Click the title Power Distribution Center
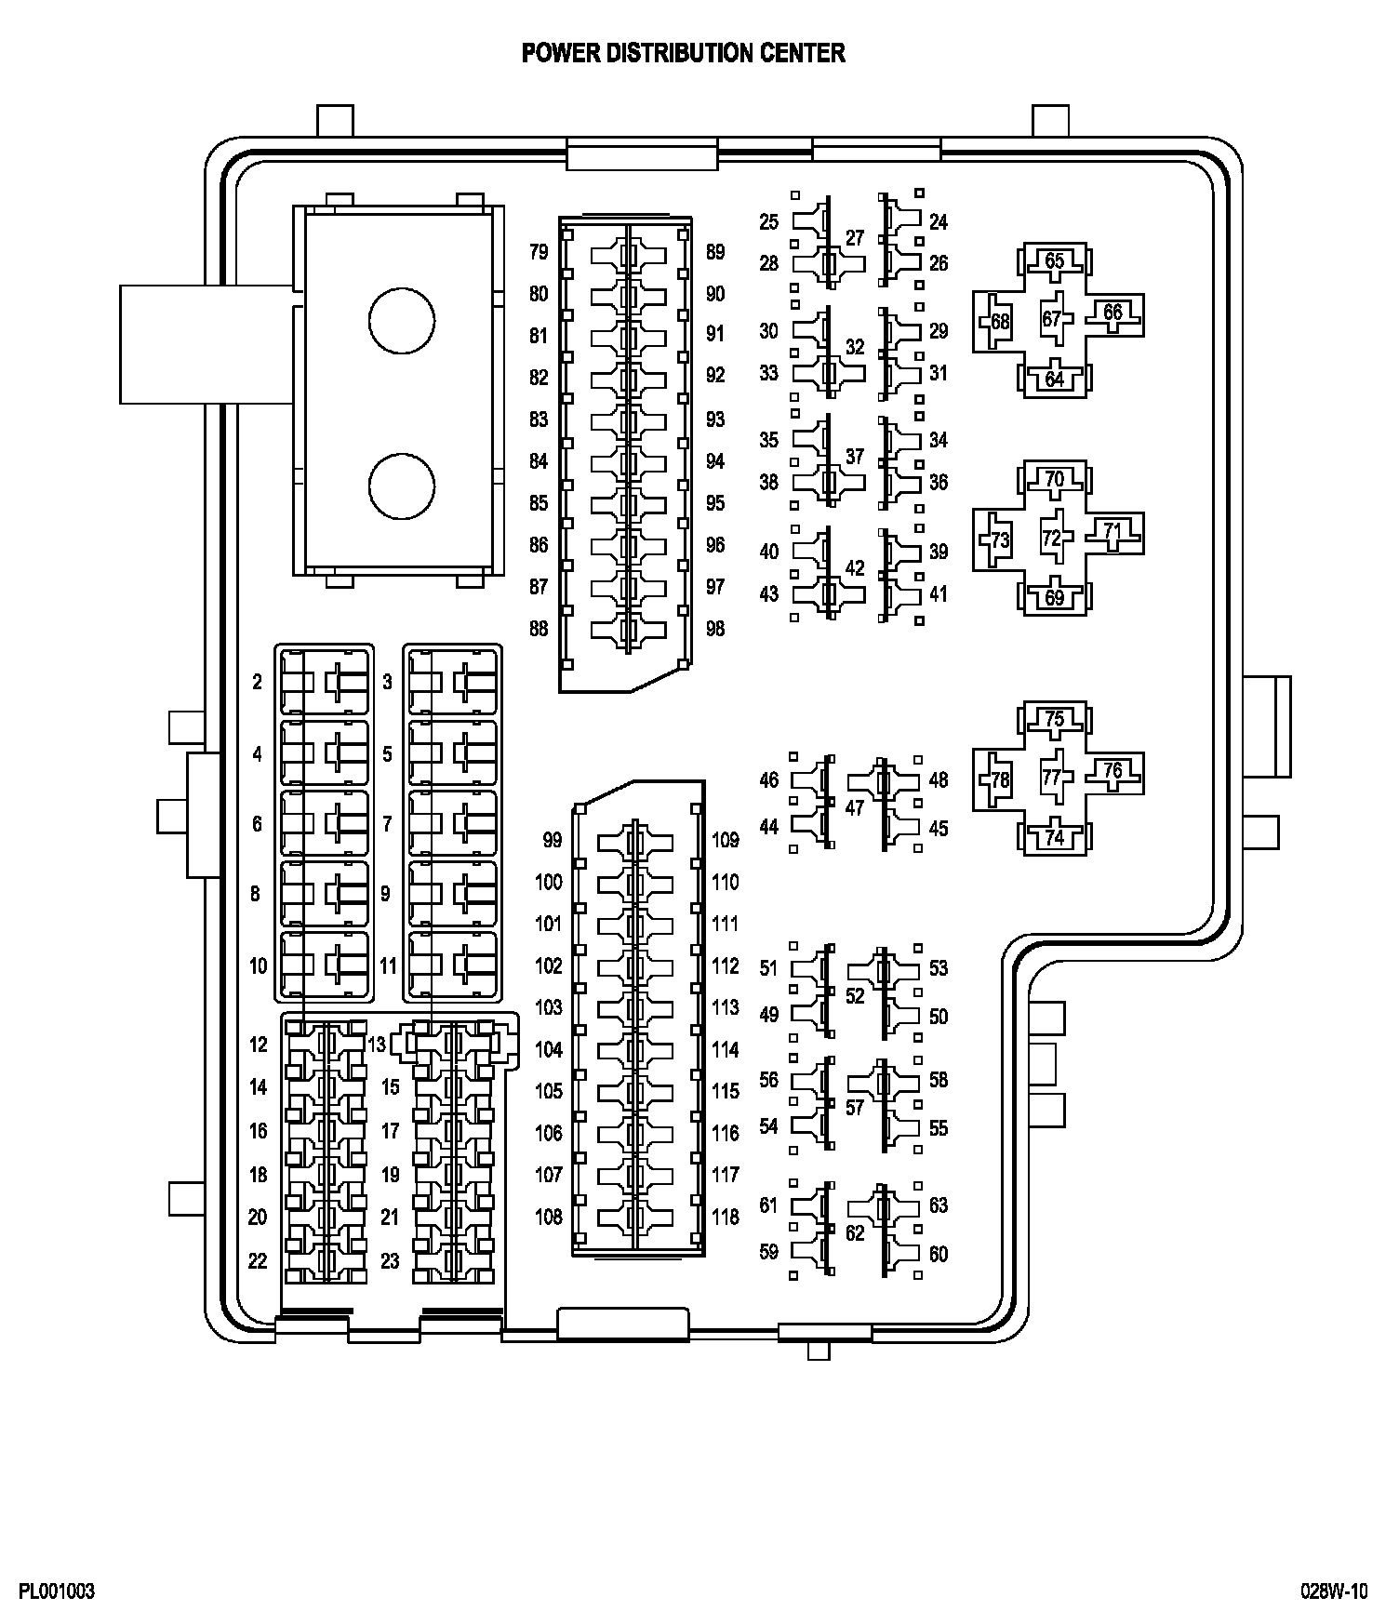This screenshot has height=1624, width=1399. point(683,53)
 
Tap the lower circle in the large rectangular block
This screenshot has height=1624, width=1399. point(402,487)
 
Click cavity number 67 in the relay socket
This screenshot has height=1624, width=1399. point(1052,319)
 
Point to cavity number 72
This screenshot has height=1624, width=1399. point(1052,539)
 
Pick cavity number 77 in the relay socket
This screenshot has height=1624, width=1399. point(1052,778)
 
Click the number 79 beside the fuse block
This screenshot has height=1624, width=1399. point(539,252)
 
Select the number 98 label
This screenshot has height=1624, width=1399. point(714,629)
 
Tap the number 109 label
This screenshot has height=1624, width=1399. point(726,841)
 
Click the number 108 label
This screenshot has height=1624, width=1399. point(549,1217)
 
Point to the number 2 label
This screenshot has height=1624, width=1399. point(258,682)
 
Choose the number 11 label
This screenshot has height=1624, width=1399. point(388,965)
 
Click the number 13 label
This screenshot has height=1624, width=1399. point(376,1045)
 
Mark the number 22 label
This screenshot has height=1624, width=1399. point(258,1261)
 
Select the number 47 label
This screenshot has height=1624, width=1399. point(855,807)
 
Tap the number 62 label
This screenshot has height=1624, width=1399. point(855,1233)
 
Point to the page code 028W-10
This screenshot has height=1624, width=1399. point(1334,1591)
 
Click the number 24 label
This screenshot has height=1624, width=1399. point(939,222)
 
